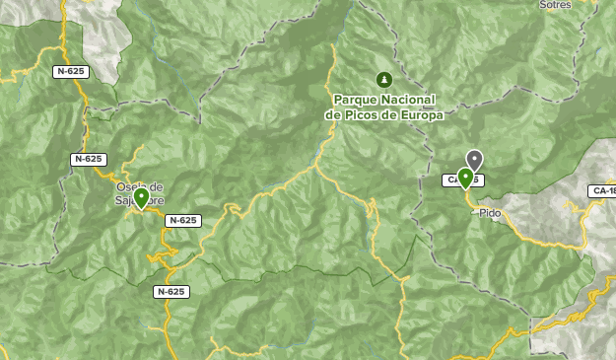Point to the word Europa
click(x=418, y=114)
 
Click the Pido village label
click(x=490, y=212)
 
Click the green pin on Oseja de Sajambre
click(x=141, y=197)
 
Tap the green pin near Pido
click(x=465, y=178)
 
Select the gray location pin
click(x=475, y=159)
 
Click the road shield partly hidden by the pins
click(x=459, y=180)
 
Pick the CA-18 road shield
click(x=602, y=190)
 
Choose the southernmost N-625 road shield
click(x=171, y=292)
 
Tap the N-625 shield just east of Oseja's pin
click(x=183, y=221)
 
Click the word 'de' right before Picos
click(x=334, y=114)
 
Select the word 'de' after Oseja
click(x=157, y=186)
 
